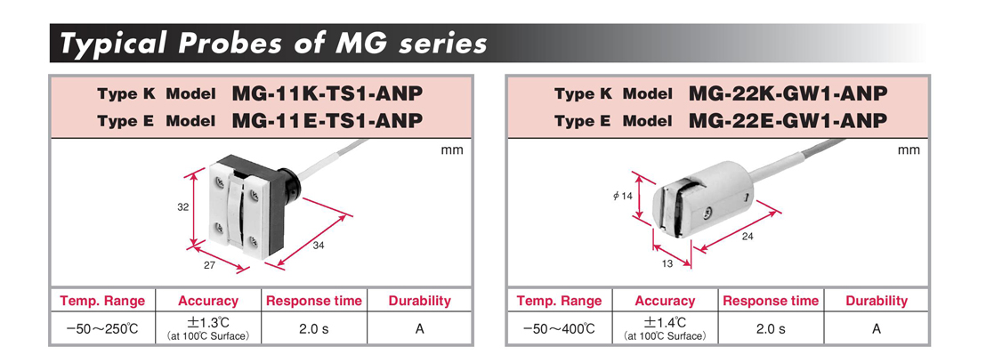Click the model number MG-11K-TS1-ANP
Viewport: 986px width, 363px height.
tap(327, 93)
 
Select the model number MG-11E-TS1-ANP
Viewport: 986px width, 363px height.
tap(327, 120)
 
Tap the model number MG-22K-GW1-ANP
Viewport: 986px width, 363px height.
tap(788, 93)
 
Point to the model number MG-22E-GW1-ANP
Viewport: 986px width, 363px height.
tap(788, 120)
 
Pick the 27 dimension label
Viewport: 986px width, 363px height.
tap(209, 265)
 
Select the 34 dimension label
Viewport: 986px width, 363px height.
tap(319, 246)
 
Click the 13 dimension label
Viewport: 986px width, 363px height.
tap(667, 263)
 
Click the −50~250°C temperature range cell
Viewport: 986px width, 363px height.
tap(101, 328)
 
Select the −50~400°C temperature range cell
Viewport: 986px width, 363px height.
tap(559, 328)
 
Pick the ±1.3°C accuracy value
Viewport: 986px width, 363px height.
tap(208, 323)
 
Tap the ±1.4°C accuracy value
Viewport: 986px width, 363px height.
tap(665, 323)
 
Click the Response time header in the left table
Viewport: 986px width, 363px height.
tap(314, 301)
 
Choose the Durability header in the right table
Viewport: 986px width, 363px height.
tap(877, 301)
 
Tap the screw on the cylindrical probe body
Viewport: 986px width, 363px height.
tap(707, 214)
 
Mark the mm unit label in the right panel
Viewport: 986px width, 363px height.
tap(909, 149)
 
